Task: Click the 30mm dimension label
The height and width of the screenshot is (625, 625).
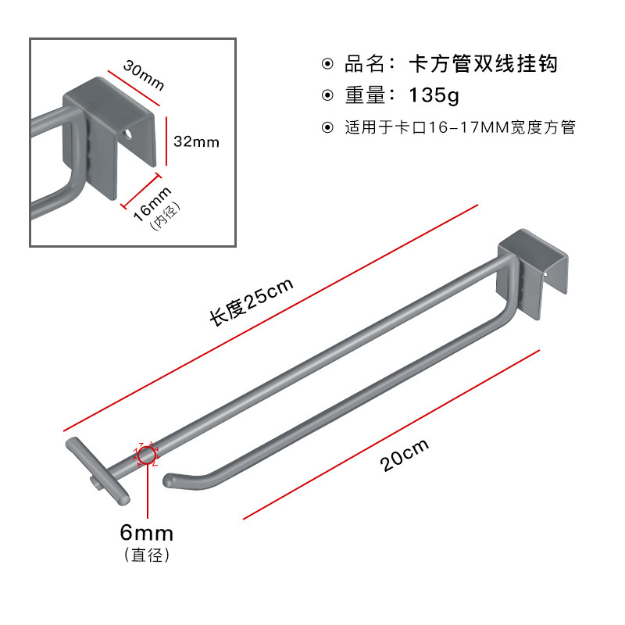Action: click(x=144, y=75)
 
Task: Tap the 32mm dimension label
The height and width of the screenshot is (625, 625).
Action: click(x=195, y=141)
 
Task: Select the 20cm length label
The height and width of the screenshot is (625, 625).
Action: click(x=405, y=456)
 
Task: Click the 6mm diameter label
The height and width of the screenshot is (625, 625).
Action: click(x=146, y=534)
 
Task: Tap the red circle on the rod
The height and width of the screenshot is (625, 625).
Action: click(x=147, y=454)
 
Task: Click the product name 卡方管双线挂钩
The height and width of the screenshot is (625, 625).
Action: click(x=483, y=64)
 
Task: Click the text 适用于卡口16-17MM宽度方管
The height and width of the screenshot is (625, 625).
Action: click(x=460, y=127)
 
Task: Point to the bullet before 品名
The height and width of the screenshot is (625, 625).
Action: click(x=328, y=64)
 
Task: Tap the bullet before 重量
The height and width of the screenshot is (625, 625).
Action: click(x=328, y=96)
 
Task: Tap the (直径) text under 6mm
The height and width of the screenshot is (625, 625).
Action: click(x=146, y=555)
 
